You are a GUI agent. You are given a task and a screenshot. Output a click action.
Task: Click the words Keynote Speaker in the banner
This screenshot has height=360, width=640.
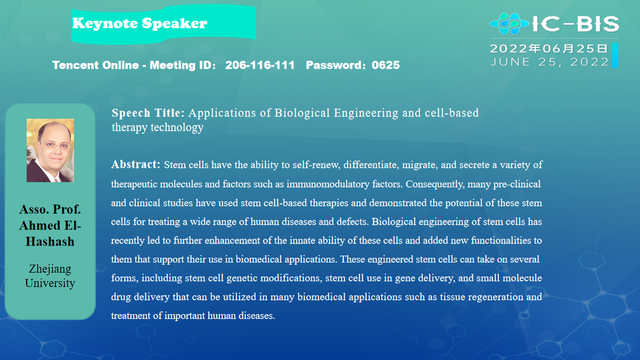(140, 23)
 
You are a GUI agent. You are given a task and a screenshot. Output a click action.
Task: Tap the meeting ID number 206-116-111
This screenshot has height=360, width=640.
(260, 65)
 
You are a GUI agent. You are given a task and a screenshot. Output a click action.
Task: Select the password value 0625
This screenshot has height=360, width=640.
(385, 65)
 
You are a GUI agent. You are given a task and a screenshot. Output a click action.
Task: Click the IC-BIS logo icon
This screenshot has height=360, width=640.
(509, 24)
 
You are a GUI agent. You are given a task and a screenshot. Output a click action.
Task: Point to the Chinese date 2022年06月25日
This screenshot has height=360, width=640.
(548, 48)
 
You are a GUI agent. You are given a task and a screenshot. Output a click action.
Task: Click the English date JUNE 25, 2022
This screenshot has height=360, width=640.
(549, 62)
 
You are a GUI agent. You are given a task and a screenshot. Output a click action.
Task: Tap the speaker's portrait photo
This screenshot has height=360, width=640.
(50, 150)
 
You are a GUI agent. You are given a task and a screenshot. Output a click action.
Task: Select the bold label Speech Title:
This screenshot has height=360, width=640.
(148, 113)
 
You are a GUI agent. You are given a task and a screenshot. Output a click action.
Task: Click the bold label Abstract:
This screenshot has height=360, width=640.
(136, 164)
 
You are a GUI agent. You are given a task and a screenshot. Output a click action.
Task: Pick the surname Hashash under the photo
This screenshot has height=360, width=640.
(50, 242)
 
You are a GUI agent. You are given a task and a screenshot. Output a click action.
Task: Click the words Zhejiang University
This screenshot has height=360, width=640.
(50, 276)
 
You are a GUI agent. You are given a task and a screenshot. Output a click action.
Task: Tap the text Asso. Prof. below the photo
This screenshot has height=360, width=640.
(50, 209)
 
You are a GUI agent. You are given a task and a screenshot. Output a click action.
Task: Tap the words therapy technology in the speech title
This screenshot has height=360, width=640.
(158, 127)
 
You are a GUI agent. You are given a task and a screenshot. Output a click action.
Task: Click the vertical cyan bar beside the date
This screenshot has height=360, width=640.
(615, 55)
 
